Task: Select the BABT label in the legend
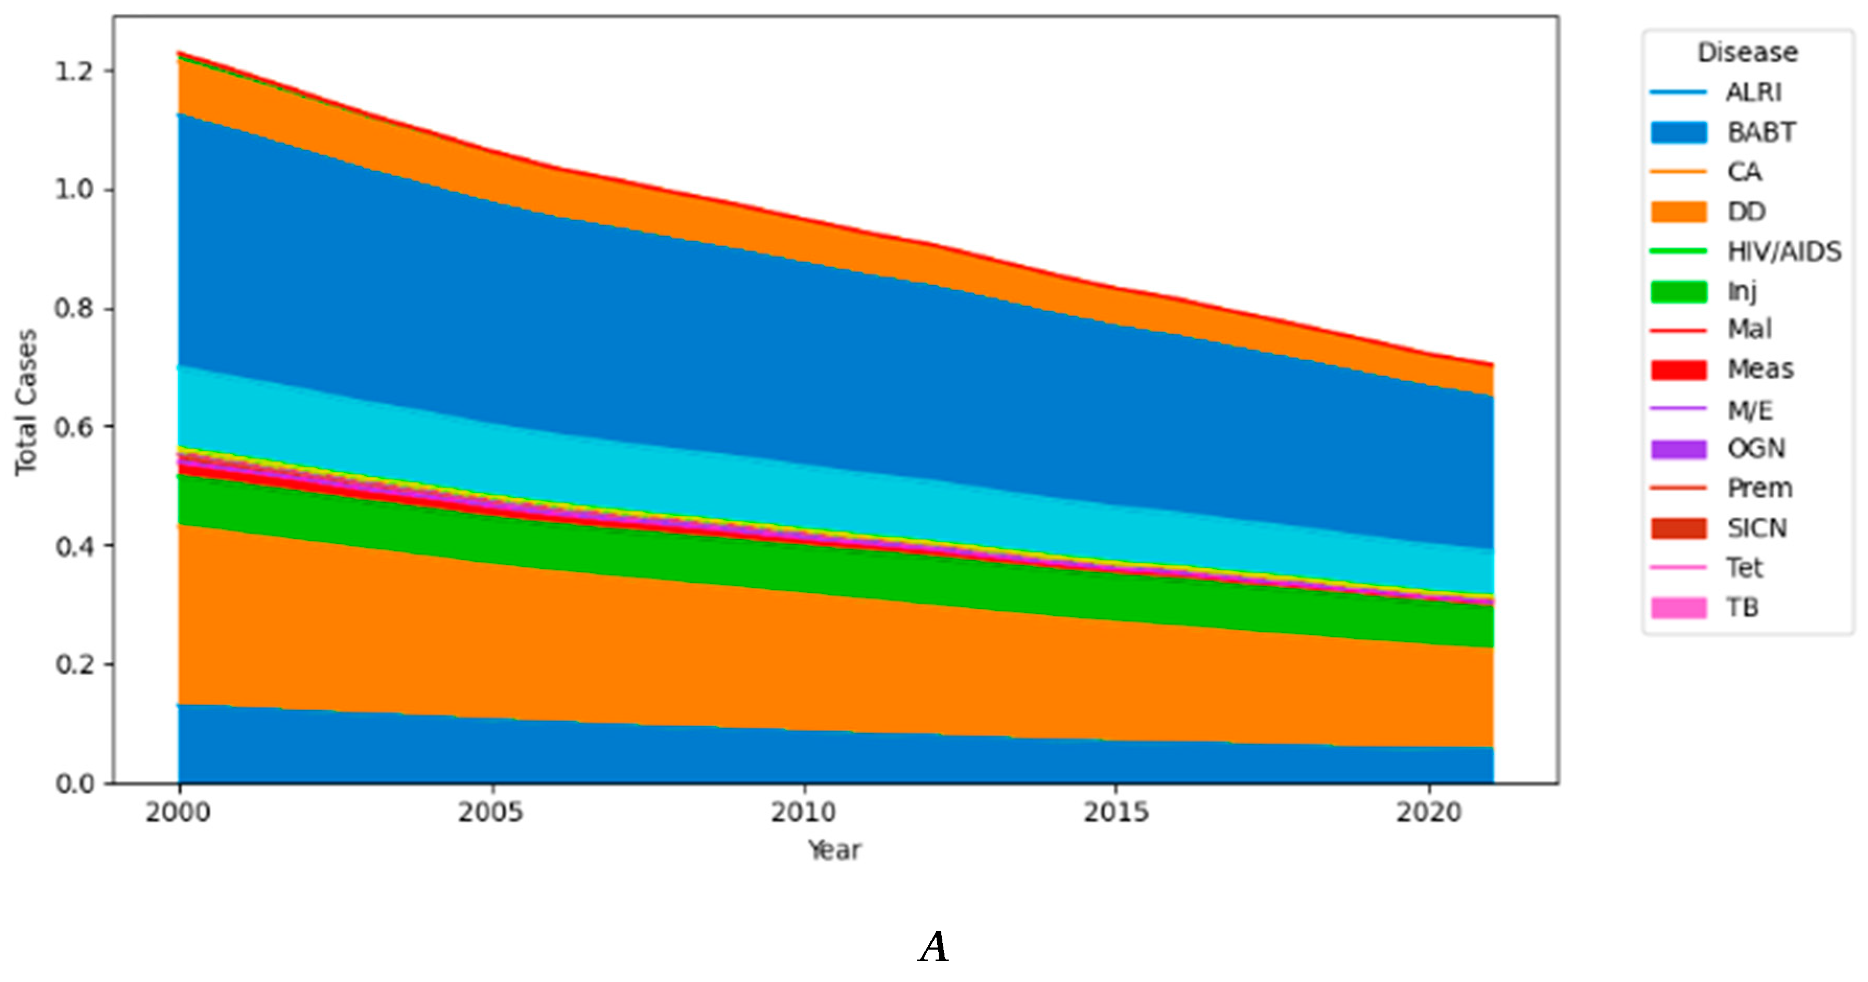coord(1761,133)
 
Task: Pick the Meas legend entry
coord(1760,369)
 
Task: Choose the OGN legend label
coord(1756,449)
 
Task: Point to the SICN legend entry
coord(1756,528)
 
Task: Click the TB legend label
coord(1743,608)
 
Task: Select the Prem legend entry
coord(1759,489)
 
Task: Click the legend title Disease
coord(1747,53)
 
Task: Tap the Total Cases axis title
coord(26,402)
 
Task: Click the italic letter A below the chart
coord(933,947)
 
